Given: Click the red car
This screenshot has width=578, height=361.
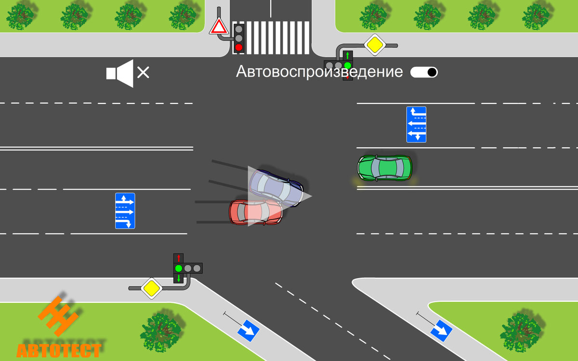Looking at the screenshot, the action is [x=255, y=212].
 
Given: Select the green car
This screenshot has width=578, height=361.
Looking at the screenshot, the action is [x=384, y=168].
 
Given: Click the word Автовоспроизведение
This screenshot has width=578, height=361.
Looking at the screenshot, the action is [x=319, y=72].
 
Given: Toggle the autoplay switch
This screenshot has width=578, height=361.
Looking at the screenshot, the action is [x=424, y=72].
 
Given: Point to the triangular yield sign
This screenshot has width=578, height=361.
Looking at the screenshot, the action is [x=218, y=27].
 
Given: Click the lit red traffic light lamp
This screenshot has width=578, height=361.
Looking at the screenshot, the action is [x=238, y=47].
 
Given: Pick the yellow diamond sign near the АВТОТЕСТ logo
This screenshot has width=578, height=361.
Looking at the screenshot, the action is [x=151, y=288].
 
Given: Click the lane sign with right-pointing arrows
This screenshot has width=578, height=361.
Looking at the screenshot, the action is [x=125, y=211].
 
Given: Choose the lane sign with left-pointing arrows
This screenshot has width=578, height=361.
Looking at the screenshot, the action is [x=416, y=124].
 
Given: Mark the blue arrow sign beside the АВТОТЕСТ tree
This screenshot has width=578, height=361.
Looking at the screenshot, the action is [x=248, y=330].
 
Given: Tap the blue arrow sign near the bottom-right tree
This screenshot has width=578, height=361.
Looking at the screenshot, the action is [x=441, y=331].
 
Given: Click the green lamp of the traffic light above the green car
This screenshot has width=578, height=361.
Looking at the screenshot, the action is [x=347, y=65].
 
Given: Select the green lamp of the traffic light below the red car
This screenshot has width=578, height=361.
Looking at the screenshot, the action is [x=178, y=268].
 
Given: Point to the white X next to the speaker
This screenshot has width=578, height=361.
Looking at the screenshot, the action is [x=143, y=73].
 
